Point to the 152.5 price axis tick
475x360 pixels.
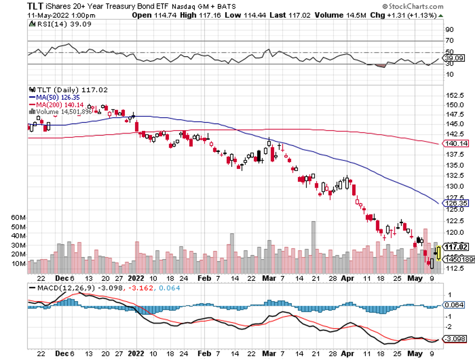pos(455,96)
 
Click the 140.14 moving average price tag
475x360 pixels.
pos(455,144)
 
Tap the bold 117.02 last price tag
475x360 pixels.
pos(456,247)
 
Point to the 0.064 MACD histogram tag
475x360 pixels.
pos(454,305)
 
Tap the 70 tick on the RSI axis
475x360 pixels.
pos(450,41)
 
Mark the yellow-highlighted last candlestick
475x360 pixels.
pos(437,251)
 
